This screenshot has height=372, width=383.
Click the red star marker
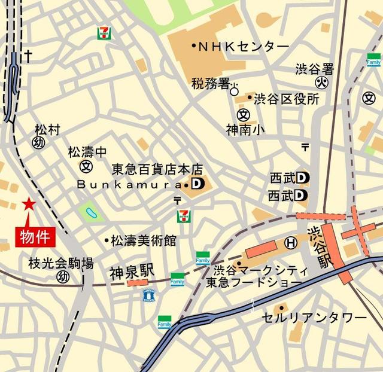pyautogui.click(x=28, y=204)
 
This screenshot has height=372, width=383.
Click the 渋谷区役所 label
pyautogui.click(x=286, y=99)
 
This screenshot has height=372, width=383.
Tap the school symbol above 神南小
pyautogui.click(x=242, y=114)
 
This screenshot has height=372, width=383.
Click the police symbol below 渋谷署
pyautogui.click(x=321, y=83)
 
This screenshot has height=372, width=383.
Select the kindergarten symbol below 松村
pyautogui.click(x=39, y=142)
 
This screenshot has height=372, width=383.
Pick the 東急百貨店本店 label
pyautogui.click(x=158, y=170)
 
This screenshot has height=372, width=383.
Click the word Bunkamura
pyautogui.click(x=124, y=185)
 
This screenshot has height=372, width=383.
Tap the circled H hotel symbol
pyautogui.click(x=291, y=242)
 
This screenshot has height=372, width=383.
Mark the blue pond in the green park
pyautogui.click(x=90, y=212)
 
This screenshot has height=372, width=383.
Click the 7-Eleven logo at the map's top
pyautogui.click(x=104, y=33)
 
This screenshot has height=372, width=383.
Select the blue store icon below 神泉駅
pyautogui.click(x=148, y=295)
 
